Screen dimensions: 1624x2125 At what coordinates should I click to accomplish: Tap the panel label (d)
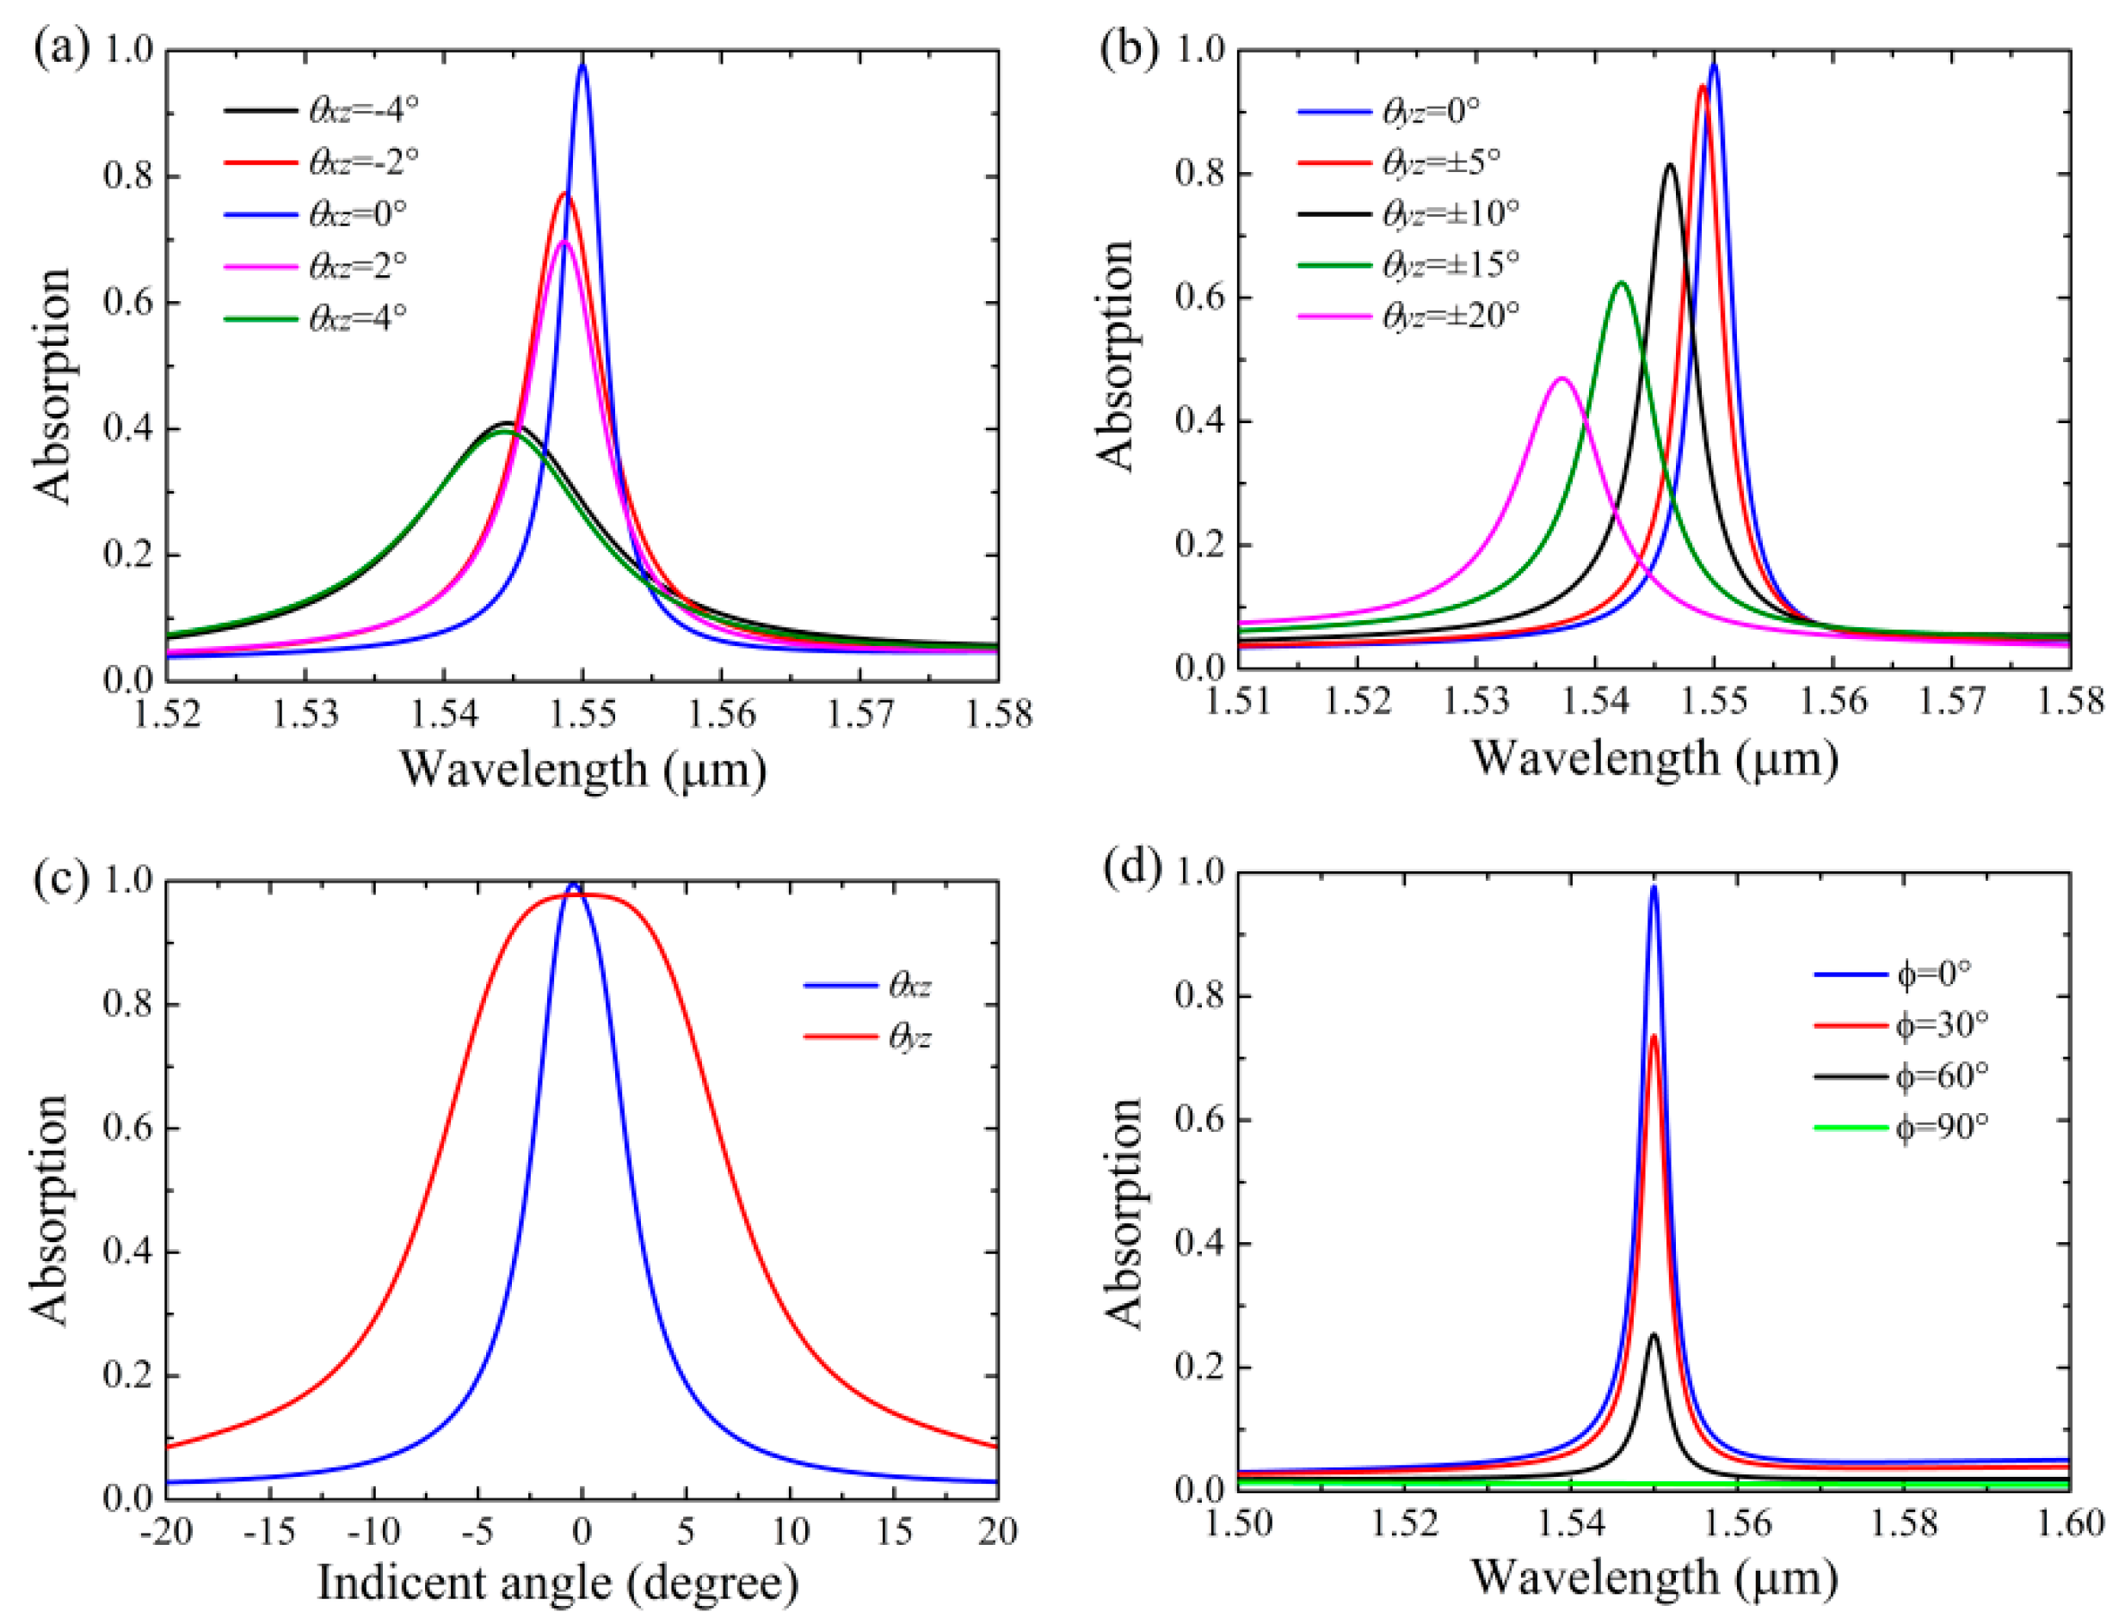click(1130, 867)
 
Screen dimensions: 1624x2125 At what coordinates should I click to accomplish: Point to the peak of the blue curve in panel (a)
click(582, 65)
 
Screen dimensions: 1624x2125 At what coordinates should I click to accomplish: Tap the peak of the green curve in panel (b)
click(1622, 283)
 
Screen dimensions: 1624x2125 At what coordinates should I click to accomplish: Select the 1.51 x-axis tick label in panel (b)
click(1239, 701)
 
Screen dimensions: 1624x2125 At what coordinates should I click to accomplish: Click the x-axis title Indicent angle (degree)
click(557, 1584)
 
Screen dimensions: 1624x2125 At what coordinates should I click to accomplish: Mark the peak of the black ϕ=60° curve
click(1654, 1335)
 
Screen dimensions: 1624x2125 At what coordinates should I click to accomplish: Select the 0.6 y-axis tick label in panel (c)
click(127, 1128)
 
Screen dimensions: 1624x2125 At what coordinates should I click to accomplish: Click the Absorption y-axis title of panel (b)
click(1117, 356)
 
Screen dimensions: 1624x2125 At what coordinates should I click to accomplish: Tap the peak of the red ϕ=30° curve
click(1654, 1037)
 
